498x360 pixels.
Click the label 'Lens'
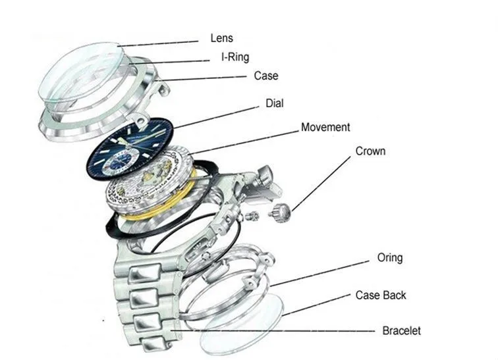pyautogui.click(x=222, y=39)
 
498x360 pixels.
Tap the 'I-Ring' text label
pyautogui.click(x=235, y=57)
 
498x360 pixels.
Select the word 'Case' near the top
pyautogui.click(x=266, y=76)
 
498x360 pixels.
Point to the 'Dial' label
pyautogui.click(x=275, y=103)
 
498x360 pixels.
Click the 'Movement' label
pyautogui.click(x=325, y=127)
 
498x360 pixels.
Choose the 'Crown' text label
pyautogui.click(x=370, y=151)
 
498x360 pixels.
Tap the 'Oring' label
pyautogui.click(x=389, y=257)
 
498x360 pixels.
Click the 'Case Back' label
pyautogui.click(x=381, y=296)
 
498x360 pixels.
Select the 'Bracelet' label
pyautogui.click(x=401, y=330)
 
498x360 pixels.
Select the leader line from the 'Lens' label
pyautogui.click(x=158, y=43)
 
